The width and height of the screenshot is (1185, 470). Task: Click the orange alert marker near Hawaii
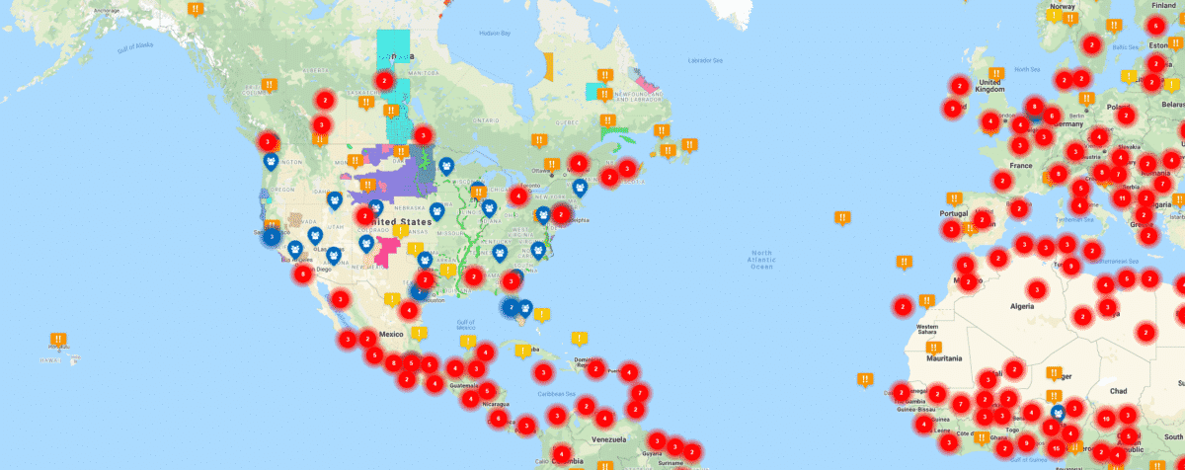pos(58,341)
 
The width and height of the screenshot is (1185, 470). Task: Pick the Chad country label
pos(1118,391)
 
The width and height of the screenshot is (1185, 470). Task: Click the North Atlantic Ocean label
pos(761,260)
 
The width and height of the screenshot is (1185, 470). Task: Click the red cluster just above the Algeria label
pos(1036,290)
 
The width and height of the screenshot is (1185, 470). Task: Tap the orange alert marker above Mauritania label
pos(927,299)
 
